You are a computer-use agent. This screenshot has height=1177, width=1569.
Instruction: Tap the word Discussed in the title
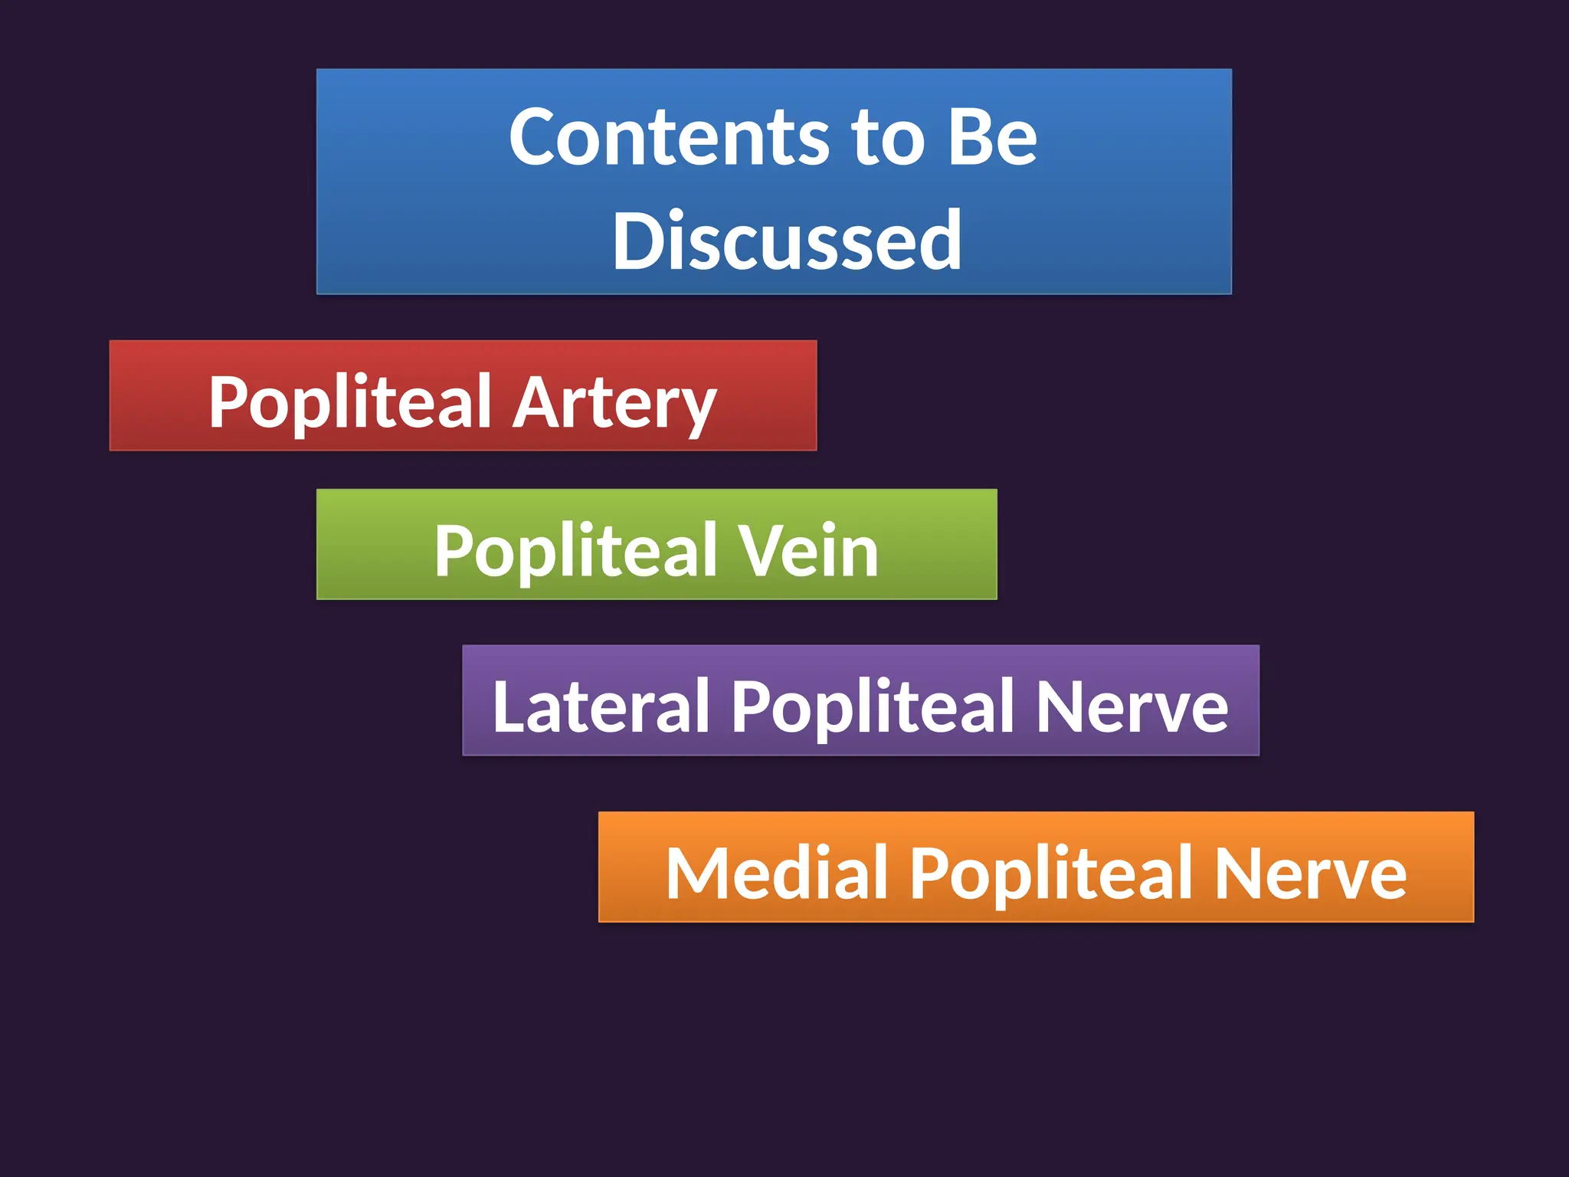click(x=787, y=241)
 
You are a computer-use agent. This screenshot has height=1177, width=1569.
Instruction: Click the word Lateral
click(x=601, y=706)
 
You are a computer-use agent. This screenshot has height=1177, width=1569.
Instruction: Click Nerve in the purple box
click(x=1132, y=706)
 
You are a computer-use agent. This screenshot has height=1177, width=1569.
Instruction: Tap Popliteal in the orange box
click(x=1050, y=873)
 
